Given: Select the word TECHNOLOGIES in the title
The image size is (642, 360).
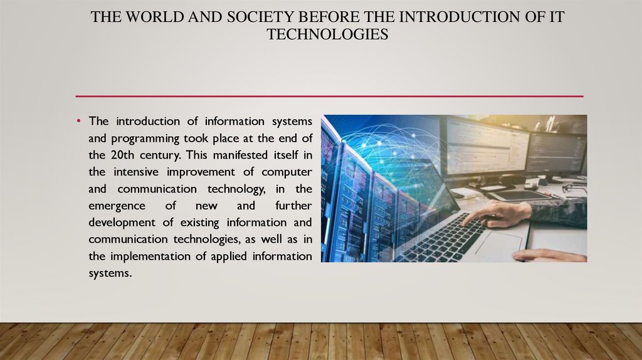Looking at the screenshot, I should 327,34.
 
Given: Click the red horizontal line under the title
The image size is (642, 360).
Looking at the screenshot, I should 329,96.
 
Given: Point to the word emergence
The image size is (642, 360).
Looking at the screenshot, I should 117,206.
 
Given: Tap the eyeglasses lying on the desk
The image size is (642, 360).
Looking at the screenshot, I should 574,188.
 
